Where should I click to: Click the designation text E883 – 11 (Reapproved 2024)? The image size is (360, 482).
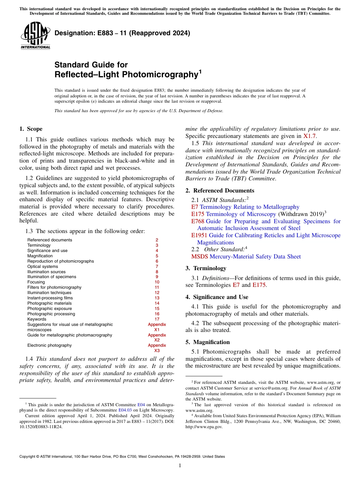tap(122, 33)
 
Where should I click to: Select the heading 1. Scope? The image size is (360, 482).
tap(31, 129)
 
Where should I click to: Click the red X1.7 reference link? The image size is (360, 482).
tap(310, 136)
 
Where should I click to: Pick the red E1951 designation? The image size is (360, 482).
tap(199, 235)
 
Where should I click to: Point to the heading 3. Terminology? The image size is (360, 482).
tap(206, 268)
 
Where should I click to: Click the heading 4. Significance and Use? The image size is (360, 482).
tap(217, 297)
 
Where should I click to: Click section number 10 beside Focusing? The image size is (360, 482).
tap(157, 282)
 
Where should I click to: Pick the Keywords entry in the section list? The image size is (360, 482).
tap(36, 319)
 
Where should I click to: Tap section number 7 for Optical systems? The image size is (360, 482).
tap(157, 266)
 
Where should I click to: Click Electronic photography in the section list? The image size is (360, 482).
tap(49, 345)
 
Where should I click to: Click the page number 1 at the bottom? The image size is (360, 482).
tap(180, 466)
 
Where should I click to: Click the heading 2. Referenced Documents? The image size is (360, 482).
tap(220, 191)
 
